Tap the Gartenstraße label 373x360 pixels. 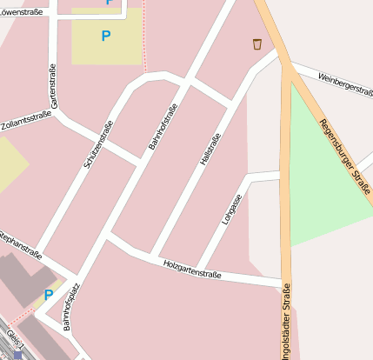point(54,86)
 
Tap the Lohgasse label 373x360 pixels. point(231,209)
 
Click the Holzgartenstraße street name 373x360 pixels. point(191,269)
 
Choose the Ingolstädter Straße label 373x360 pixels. point(286,322)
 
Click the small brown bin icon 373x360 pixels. point(256,43)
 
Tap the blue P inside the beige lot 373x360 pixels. point(106,36)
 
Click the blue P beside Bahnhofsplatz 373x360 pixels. point(48,296)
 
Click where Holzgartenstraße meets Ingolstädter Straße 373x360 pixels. point(283,283)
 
